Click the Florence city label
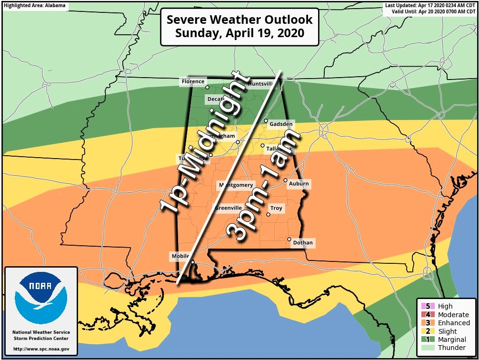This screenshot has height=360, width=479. coord(193,82)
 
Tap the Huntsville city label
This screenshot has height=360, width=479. coord(261,84)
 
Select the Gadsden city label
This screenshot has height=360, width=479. coord(281,125)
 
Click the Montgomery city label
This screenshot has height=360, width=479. coord(236,185)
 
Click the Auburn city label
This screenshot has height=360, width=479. coord(299,184)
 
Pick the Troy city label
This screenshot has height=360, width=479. coord(276,209)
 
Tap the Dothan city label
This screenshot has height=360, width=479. coord(303,243)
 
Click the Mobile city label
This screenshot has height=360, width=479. coord(180,257)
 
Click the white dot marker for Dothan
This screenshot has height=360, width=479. coord(289,239)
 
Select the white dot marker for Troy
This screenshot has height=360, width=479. coord(269,214)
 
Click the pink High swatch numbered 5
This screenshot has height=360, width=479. coord(422,306)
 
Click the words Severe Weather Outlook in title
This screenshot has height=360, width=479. coord(239,20)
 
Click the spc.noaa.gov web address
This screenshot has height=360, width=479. coord(41,349)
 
